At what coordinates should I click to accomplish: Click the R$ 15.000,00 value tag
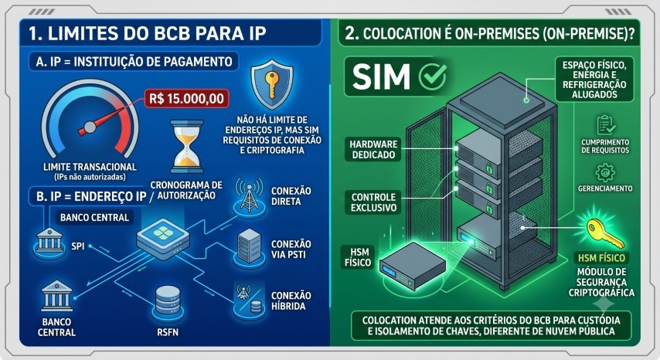pyautogui.click(x=186, y=99)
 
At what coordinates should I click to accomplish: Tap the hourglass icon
pyautogui.click(x=187, y=146)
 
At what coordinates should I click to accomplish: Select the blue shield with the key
pyautogui.click(x=272, y=84)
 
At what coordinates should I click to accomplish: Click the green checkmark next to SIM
pyautogui.click(x=433, y=76)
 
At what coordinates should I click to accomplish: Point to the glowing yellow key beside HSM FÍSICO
pyautogui.click(x=605, y=233)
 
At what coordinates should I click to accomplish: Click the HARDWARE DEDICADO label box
pyautogui.click(x=373, y=149)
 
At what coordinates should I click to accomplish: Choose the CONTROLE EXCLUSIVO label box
pyautogui.click(x=373, y=202)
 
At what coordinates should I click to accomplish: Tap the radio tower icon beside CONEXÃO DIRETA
pyautogui.click(x=249, y=196)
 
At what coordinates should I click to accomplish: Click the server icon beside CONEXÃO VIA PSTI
pyautogui.click(x=249, y=247)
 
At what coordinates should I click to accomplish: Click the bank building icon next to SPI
pyautogui.click(x=49, y=241)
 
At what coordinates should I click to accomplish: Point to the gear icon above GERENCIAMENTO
pyautogui.click(x=605, y=172)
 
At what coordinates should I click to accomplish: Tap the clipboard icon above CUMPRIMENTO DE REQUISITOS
pyautogui.click(x=605, y=124)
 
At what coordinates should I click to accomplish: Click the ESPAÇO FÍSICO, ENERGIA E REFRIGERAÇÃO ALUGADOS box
pyautogui.click(x=594, y=80)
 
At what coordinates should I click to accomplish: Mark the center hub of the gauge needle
pyautogui.click(x=89, y=127)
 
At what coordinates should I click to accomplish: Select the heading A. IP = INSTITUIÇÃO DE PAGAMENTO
pyautogui.click(x=134, y=62)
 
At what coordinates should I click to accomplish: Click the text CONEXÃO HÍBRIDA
pyautogui.click(x=291, y=301)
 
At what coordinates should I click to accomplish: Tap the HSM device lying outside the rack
pyautogui.click(x=413, y=266)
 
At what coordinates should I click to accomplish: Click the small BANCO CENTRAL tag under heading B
pyautogui.click(x=94, y=217)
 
